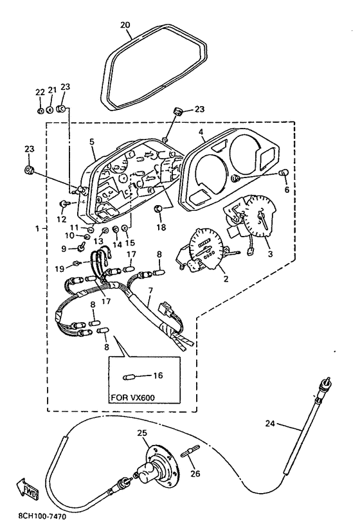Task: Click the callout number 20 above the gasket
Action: (125, 25)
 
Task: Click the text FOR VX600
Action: (133, 398)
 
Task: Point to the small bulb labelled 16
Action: (127, 377)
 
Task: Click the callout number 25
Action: (142, 433)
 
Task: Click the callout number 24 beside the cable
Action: (270, 424)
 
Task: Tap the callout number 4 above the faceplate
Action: (201, 132)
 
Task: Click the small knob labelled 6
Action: (283, 173)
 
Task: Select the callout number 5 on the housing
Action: (92, 141)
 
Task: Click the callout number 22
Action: (40, 92)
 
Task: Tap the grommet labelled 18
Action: (157, 209)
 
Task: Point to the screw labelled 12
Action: (63, 204)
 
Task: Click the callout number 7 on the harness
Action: (150, 291)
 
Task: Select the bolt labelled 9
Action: (81, 248)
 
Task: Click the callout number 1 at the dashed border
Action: (37, 229)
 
